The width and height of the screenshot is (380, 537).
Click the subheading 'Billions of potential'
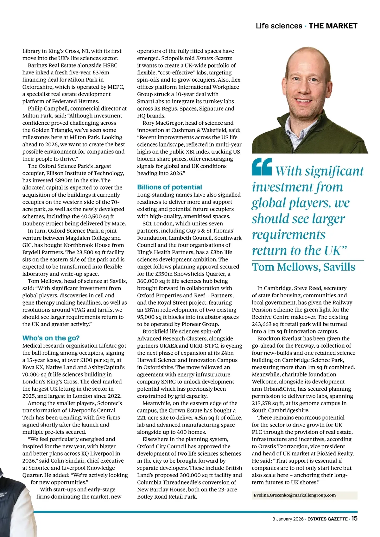tap(169, 187)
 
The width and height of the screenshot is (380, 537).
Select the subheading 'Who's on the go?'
tap(51, 338)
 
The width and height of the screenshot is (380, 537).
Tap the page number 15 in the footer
tap(354, 518)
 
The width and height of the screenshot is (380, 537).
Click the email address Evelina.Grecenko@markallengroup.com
tap(294, 495)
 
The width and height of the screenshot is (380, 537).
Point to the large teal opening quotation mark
tap(262, 167)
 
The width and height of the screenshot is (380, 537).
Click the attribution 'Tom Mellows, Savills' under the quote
tap(303, 267)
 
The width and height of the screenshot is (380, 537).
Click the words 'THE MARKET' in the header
tap(333, 26)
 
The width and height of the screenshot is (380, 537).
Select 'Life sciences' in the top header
tap(279, 26)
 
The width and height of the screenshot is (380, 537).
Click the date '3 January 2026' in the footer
tap(288, 519)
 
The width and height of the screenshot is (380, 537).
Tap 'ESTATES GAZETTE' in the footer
tap(327, 519)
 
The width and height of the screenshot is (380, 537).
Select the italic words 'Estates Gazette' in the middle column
tap(214, 58)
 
